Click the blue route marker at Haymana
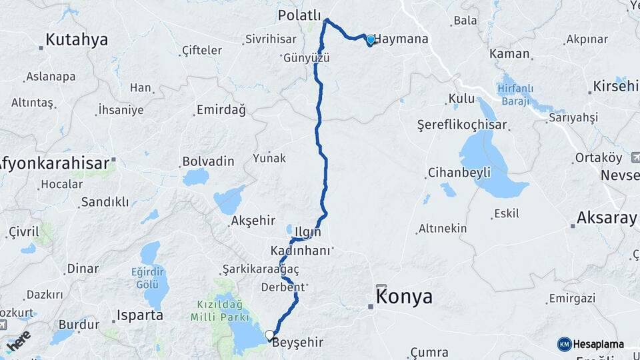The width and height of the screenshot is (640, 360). [371, 39]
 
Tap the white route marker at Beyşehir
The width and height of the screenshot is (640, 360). [269, 335]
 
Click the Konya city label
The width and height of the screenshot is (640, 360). [404, 297]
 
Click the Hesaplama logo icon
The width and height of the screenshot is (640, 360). [565, 344]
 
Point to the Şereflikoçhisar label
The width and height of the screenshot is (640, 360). [462, 125]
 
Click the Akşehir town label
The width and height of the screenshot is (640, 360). [253, 221]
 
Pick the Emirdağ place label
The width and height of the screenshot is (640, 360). [221, 110]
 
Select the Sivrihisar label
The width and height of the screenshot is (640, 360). [270, 39]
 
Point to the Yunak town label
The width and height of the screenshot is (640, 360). [269, 159]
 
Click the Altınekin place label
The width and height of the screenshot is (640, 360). [443, 229]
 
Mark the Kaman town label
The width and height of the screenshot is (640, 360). [509, 53]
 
